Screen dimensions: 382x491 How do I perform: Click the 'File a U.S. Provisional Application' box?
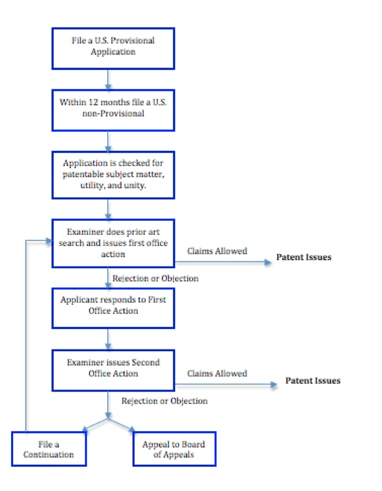(113, 49)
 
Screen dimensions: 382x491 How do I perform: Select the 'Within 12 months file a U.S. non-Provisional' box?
(113, 110)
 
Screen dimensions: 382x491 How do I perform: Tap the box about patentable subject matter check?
(113, 175)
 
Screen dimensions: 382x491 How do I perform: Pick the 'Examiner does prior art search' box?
(113, 243)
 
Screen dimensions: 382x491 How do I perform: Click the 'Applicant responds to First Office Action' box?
(113, 308)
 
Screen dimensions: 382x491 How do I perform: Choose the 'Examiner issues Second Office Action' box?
(113, 370)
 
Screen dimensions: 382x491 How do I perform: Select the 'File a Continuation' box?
(49, 449)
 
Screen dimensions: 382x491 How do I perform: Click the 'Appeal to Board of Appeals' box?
(174, 449)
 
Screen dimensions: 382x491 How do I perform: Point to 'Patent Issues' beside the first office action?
(303, 257)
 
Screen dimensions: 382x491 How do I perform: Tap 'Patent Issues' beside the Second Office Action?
(313, 381)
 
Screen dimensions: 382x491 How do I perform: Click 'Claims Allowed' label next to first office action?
(217, 251)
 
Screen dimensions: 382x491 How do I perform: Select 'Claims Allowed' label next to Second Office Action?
(217, 373)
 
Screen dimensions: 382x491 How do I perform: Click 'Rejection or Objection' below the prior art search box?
(155, 279)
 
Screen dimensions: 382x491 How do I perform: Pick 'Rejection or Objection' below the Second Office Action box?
(165, 401)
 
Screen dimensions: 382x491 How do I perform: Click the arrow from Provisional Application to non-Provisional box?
(108, 80)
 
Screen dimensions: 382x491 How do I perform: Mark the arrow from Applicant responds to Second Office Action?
(108, 339)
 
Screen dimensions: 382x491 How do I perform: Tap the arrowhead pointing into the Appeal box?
(132, 429)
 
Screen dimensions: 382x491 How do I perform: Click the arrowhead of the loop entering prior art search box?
(49, 241)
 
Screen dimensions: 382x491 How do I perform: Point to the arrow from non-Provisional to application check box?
(108, 141)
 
